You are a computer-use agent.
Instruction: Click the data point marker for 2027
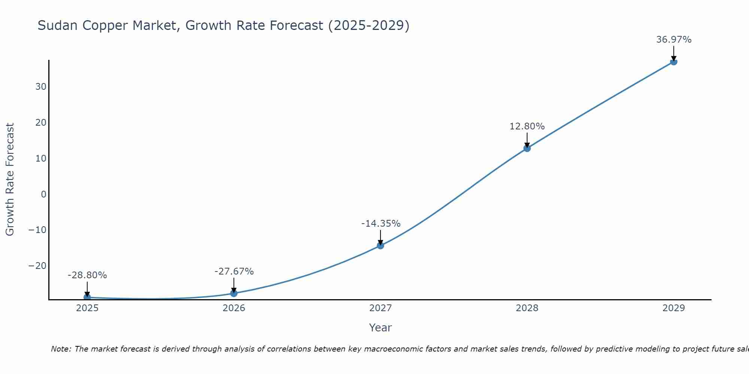coord(380,245)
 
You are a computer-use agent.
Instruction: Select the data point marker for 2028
coord(527,148)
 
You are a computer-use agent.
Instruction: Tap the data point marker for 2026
coord(234,293)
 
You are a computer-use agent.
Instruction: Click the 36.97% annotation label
coord(674,40)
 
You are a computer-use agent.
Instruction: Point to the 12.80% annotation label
coord(527,126)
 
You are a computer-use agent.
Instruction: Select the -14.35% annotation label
coord(380,224)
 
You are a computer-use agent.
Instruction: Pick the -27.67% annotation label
coord(234,272)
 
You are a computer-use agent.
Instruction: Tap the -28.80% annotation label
coord(87,275)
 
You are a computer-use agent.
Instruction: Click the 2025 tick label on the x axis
coord(87,308)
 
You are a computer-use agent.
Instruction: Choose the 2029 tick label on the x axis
coord(674,308)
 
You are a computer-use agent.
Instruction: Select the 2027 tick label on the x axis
coord(380,308)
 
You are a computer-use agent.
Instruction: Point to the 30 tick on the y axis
coord(41,87)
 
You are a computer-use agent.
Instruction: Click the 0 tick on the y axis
coord(44,194)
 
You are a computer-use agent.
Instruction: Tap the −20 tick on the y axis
coord(37,266)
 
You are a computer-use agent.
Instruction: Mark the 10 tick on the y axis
coord(41,159)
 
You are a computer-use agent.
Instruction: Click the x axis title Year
coord(380,328)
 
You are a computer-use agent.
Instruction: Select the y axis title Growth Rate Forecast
coord(10,180)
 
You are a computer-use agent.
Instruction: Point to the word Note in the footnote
coord(61,349)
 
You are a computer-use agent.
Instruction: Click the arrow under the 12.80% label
coord(527,140)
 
